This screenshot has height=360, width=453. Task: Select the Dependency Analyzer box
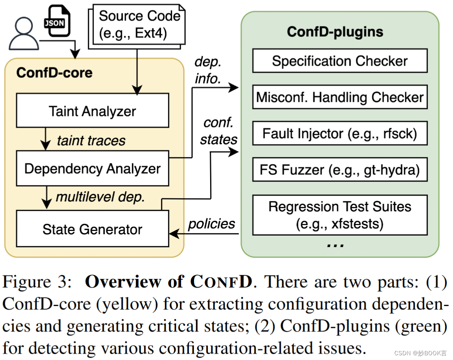click(92, 169)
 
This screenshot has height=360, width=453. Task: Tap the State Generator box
click(92, 229)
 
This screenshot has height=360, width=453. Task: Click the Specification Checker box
click(340, 61)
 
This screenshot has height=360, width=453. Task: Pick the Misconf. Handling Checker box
click(340, 97)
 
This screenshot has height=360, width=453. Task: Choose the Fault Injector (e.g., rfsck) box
click(340, 133)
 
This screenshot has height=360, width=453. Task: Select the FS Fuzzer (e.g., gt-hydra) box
click(340, 170)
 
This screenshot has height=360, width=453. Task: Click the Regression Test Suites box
click(340, 215)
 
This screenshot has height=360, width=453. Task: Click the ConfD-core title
click(54, 73)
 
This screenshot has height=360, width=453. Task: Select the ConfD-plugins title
click(335, 31)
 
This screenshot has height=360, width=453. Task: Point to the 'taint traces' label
click(91, 140)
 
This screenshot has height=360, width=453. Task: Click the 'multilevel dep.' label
click(100, 197)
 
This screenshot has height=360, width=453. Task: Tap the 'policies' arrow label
click(211, 223)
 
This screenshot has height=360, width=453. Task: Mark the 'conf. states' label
click(218, 131)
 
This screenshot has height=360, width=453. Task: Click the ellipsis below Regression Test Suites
click(335, 244)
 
